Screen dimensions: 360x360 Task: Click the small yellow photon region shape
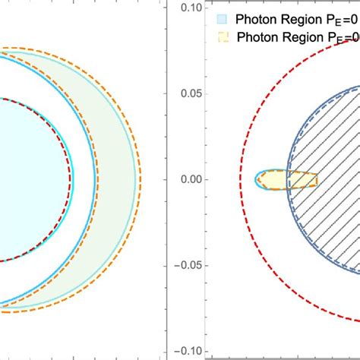point(285,180)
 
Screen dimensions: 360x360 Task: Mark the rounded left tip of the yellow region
point(257,180)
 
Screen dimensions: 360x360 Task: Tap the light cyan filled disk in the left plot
point(30,180)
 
